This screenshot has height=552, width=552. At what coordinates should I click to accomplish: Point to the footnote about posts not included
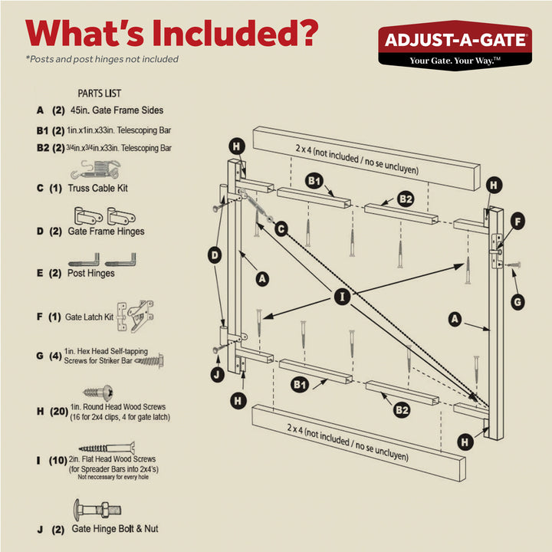click(102, 59)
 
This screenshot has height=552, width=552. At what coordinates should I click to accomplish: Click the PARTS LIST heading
click(99, 94)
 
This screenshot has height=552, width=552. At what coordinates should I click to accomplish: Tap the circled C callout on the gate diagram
click(281, 228)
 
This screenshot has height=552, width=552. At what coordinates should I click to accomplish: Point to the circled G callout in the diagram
click(517, 302)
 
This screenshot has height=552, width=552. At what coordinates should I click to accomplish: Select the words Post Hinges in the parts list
click(91, 273)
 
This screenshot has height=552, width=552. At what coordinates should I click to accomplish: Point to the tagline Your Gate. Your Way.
click(455, 61)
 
